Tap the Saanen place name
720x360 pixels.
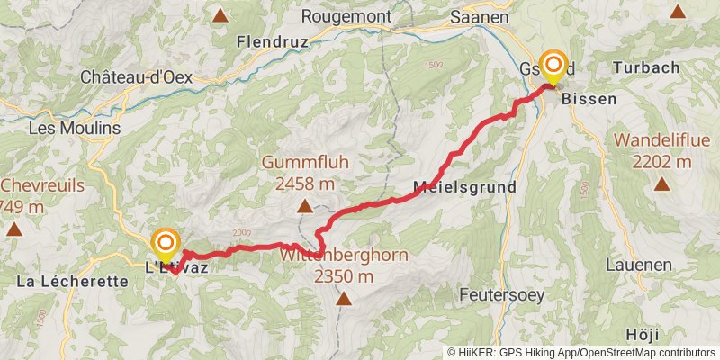pos(480,16)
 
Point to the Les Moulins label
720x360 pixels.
pos(75,129)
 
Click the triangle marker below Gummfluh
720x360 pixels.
pos(305,207)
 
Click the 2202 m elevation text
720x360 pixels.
pos(661,162)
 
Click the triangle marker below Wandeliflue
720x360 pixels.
pos(661,184)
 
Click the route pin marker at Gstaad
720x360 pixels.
pos(552,67)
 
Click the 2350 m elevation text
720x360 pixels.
pos(344,276)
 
